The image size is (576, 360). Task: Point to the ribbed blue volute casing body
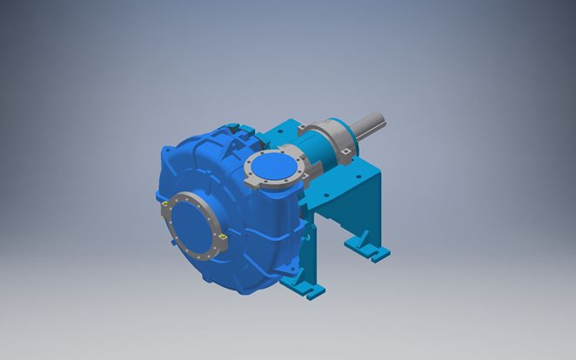(x=209, y=165)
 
